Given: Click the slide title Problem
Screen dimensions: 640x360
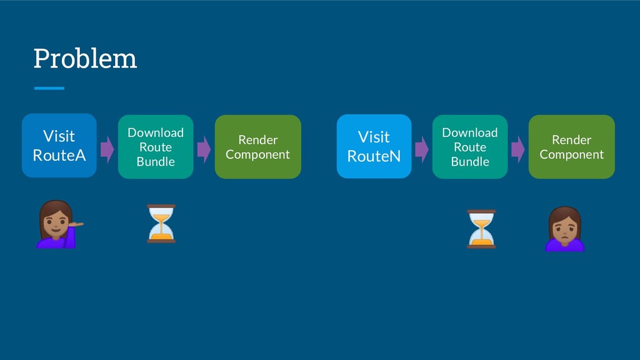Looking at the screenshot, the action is pyautogui.click(x=85, y=59).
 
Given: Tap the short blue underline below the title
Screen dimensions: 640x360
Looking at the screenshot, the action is pyautogui.click(x=49, y=88).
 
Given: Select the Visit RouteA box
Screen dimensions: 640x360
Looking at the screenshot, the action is pyautogui.click(x=59, y=146).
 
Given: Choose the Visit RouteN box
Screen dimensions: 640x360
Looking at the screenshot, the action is pyautogui.click(x=374, y=146).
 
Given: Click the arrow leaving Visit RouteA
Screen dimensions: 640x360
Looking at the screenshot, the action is pyautogui.click(x=107, y=149).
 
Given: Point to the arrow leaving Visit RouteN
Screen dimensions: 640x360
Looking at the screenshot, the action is pyautogui.click(x=422, y=149).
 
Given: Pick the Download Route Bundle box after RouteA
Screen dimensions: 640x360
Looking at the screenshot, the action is pyautogui.click(x=156, y=146).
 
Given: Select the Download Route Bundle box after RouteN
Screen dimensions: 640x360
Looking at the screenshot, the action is pyautogui.click(x=470, y=146).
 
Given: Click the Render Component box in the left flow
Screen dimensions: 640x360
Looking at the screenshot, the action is pyautogui.click(x=258, y=146).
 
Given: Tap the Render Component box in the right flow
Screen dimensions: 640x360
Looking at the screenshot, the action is pyautogui.click(x=571, y=146).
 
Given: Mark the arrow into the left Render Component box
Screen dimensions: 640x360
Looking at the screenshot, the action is pyautogui.click(x=204, y=149).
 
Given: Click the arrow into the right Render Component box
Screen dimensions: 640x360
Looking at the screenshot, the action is pyautogui.click(x=518, y=149).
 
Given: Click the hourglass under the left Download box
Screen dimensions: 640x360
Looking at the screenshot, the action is pyautogui.click(x=161, y=224).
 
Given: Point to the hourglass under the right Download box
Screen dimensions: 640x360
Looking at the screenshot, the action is pyautogui.click(x=481, y=229).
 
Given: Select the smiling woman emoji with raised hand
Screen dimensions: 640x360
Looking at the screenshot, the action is pyautogui.click(x=59, y=224).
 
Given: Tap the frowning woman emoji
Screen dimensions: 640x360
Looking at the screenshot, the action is pyautogui.click(x=565, y=229).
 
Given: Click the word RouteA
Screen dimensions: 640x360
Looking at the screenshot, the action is pyautogui.click(x=59, y=156).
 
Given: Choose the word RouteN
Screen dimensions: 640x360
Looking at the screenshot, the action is pyautogui.click(x=374, y=156).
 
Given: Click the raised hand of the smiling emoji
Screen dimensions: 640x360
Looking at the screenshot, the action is pyautogui.click(x=76, y=224).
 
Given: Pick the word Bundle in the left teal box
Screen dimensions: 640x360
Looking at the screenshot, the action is pyautogui.click(x=156, y=162).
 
